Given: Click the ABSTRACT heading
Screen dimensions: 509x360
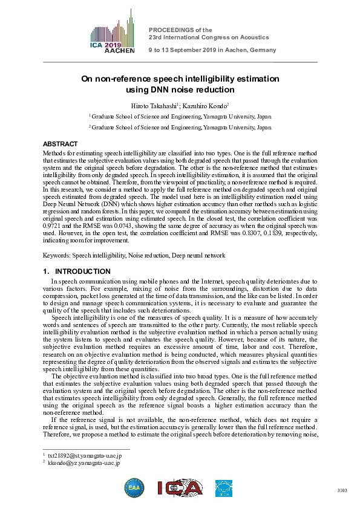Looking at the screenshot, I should tap(60, 144).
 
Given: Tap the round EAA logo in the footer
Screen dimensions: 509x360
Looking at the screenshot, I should tap(134, 487).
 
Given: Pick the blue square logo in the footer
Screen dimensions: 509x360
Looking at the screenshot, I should tap(224, 487).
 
